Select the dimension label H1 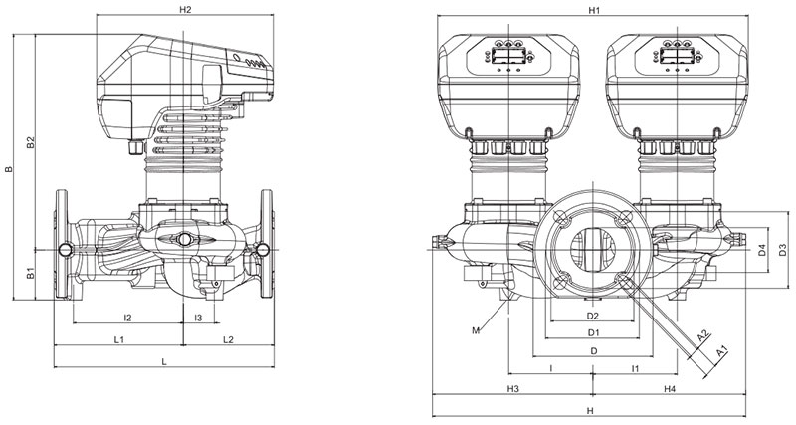tap(595, 10)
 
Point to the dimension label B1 tap(30, 272)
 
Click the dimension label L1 tap(118, 340)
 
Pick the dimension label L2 tap(228, 340)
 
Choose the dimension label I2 tap(128, 318)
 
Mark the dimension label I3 tap(199, 318)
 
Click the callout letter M tap(477, 328)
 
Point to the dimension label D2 tap(592, 317)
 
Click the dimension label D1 tap(593, 332)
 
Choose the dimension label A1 tap(722, 349)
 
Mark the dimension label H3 tap(513, 388)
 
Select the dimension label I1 tap(635, 369)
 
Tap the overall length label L tap(163, 361)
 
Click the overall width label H tap(590, 410)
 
